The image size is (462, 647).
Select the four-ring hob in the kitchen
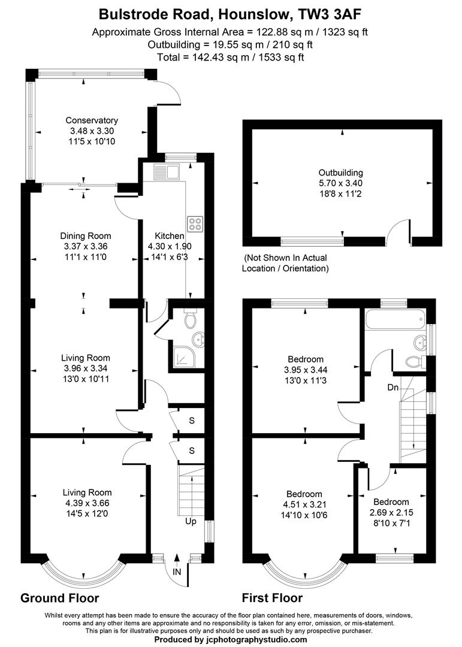point(195,223)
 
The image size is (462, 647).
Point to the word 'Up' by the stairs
point(190,521)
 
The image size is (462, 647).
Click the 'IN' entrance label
point(177,572)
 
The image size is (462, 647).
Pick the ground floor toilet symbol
point(191,321)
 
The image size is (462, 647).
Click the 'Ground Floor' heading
point(59,598)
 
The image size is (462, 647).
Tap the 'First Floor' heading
point(272,598)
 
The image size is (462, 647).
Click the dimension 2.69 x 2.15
point(391,512)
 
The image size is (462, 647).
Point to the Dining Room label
point(86,235)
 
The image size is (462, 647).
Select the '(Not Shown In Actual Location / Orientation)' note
point(285,263)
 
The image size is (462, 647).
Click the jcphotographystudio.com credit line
point(231,639)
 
